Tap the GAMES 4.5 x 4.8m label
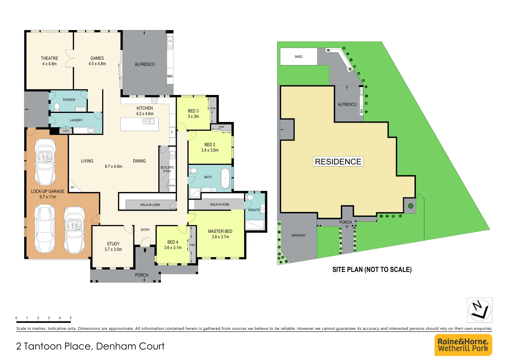tap(97, 61)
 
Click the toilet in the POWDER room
tap(57, 107)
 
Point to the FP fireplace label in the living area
tap(72, 188)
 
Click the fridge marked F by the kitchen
tap(172, 132)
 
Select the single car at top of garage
tap(45, 162)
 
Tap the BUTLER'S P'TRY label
tap(167, 169)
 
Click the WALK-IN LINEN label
tap(150, 205)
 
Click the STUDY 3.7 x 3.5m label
tap(113, 246)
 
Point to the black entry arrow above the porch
tap(145, 250)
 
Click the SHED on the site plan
tap(298, 57)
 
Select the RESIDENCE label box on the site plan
tap(338, 162)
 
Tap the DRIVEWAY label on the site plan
tap(298, 235)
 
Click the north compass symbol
tap(479, 310)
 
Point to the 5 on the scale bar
tap(70, 318)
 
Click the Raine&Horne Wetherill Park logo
tap(463, 345)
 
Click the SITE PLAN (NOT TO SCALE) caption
tap(372, 270)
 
